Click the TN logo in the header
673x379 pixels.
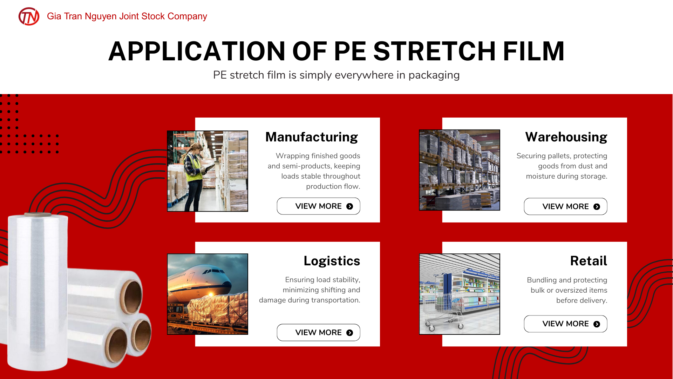(29, 16)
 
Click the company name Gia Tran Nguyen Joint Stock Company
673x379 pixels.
(127, 16)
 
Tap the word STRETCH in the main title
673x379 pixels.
(434, 51)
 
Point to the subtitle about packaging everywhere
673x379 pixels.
(336, 75)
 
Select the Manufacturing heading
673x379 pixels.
(312, 137)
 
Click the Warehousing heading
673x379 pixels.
(566, 137)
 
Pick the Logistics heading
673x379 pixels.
(332, 261)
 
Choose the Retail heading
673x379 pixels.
(589, 261)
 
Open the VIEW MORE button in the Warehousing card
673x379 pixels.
(565, 206)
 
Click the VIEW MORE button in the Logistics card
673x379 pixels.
(318, 332)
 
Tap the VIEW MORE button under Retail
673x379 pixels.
(565, 324)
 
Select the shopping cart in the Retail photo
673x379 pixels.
(443, 311)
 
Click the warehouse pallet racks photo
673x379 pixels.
(460, 170)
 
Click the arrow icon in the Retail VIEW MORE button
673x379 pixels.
(597, 324)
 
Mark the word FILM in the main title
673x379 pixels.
(534, 51)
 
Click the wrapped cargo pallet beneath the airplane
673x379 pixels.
(218, 309)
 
